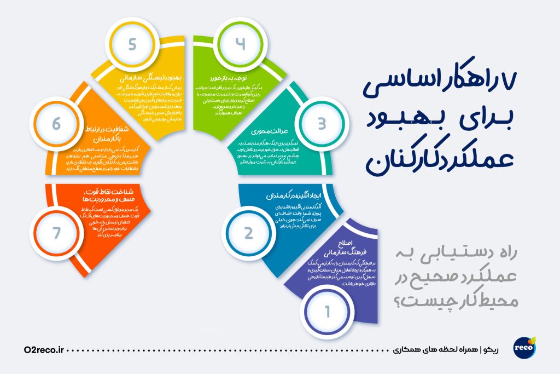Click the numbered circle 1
pos(328,312)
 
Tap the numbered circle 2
pos(249,233)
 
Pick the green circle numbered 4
pos(241,44)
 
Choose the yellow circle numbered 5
pos(132,44)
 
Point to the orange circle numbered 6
pos(56,124)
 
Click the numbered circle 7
pos(55,233)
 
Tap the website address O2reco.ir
pos(45,349)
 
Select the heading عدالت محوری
pos(265,132)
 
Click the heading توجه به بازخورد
pos(227,78)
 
